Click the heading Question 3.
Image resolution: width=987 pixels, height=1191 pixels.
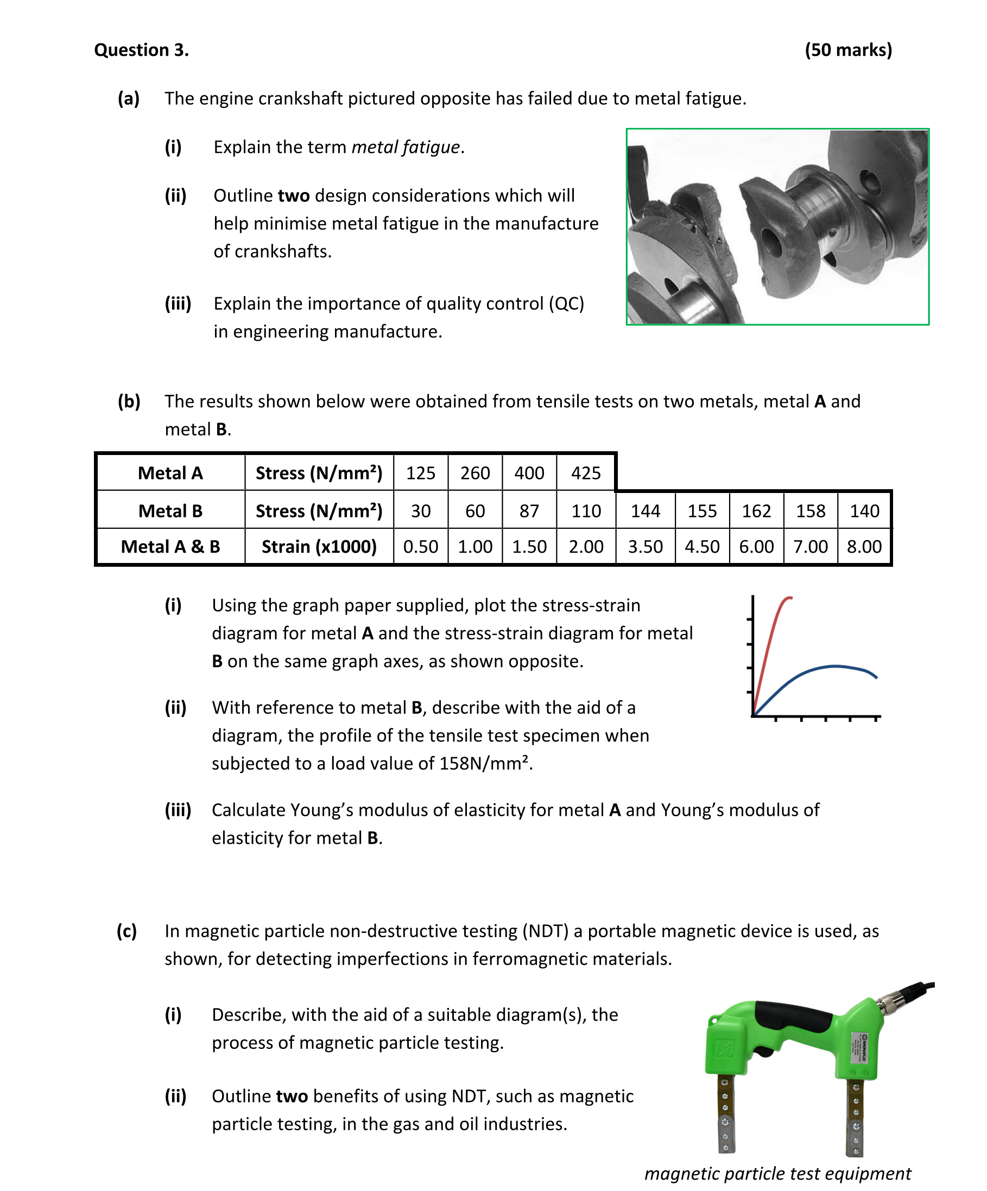[x=141, y=50]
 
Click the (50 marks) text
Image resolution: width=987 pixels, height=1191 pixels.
[x=848, y=50]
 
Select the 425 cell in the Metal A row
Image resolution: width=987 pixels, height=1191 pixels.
[x=585, y=473]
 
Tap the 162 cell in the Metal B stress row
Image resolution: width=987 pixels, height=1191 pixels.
[x=756, y=511]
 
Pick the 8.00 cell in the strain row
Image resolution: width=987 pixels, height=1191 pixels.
[x=864, y=547]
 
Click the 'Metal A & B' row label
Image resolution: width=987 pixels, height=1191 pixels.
[x=170, y=547]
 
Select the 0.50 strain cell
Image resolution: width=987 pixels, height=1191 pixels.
[x=421, y=547]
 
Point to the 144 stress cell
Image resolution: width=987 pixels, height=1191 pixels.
[x=646, y=511]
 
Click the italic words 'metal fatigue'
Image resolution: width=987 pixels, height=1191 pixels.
[x=405, y=147]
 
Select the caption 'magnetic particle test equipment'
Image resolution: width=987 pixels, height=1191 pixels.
[x=777, y=1173]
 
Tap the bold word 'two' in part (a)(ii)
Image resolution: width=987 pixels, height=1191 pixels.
[x=293, y=196]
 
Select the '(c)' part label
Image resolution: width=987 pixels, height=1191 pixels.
[x=126, y=931]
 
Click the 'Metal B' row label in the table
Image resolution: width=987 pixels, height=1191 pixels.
[x=170, y=511]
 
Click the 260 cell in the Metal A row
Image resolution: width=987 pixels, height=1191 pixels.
[x=475, y=473]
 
